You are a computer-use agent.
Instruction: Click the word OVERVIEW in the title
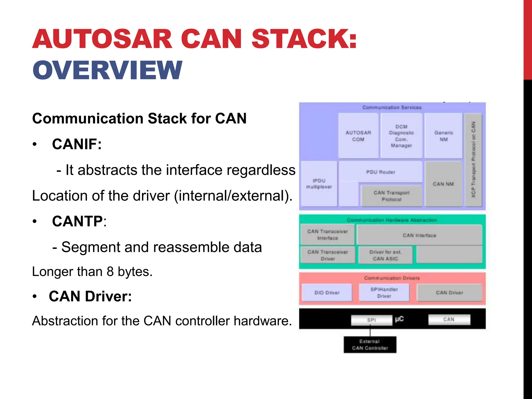[107, 70]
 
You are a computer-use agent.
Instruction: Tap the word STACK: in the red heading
[304, 39]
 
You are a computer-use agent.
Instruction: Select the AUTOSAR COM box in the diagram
[358, 136]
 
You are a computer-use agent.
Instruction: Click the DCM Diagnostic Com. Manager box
[401, 136]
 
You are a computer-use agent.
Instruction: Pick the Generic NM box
[443, 136]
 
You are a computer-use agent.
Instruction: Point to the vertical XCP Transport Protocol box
[473, 160]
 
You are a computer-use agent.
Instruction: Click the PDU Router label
[381, 172]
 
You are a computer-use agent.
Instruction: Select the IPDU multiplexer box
[319, 184]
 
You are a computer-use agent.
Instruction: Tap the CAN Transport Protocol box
[391, 196]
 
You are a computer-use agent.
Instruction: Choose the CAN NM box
[443, 184]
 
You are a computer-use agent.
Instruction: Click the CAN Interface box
[419, 235]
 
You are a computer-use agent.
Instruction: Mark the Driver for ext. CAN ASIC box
[385, 255]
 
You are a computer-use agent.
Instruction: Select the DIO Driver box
[327, 292]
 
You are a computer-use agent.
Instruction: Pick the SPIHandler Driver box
[384, 292]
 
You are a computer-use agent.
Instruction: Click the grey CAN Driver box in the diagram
[449, 292]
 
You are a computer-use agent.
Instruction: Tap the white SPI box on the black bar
[371, 320]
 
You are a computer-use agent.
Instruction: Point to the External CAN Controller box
[370, 344]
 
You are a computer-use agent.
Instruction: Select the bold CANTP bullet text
[77, 221]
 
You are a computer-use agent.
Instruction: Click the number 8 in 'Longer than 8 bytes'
[110, 272]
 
